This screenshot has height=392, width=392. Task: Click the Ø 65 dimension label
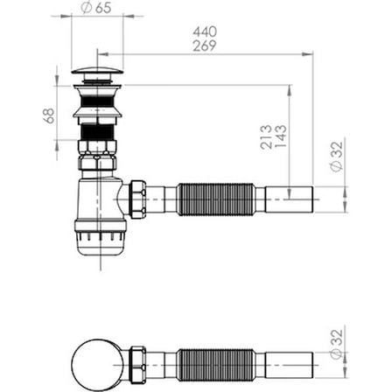click(x=96, y=8)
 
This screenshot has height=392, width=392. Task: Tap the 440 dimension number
click(x=205, y=31)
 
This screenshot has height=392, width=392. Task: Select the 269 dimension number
click(x=205, y=45)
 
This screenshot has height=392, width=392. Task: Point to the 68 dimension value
click(x=49, y=115)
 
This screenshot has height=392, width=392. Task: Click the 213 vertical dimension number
click(x=266, y=137)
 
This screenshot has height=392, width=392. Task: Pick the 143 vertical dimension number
click(x=281, y=136)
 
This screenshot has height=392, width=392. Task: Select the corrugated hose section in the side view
click(x=216, y=199)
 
